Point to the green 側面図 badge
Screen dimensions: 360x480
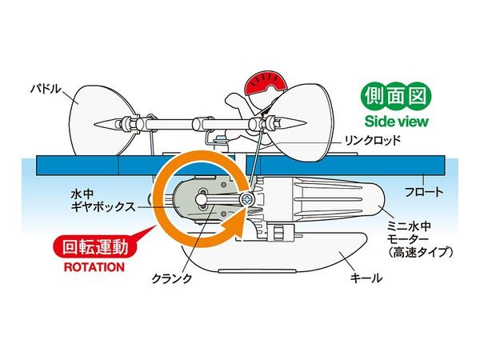[x=397, y=98]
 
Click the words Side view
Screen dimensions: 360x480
[x=397, y=122]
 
